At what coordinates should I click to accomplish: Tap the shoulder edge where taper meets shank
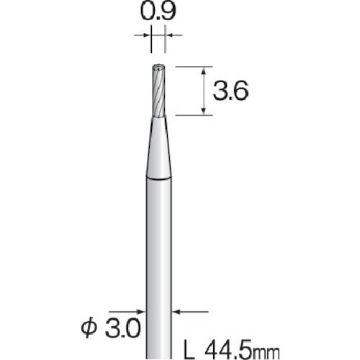(159, 176)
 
